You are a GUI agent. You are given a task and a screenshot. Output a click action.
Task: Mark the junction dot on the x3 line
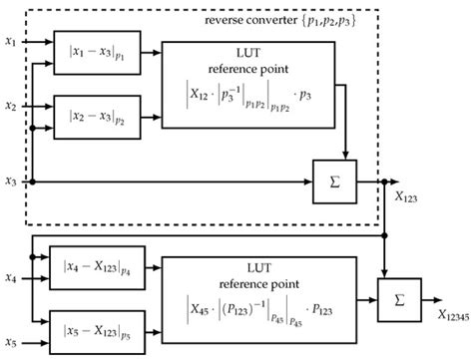click(34, 181)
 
